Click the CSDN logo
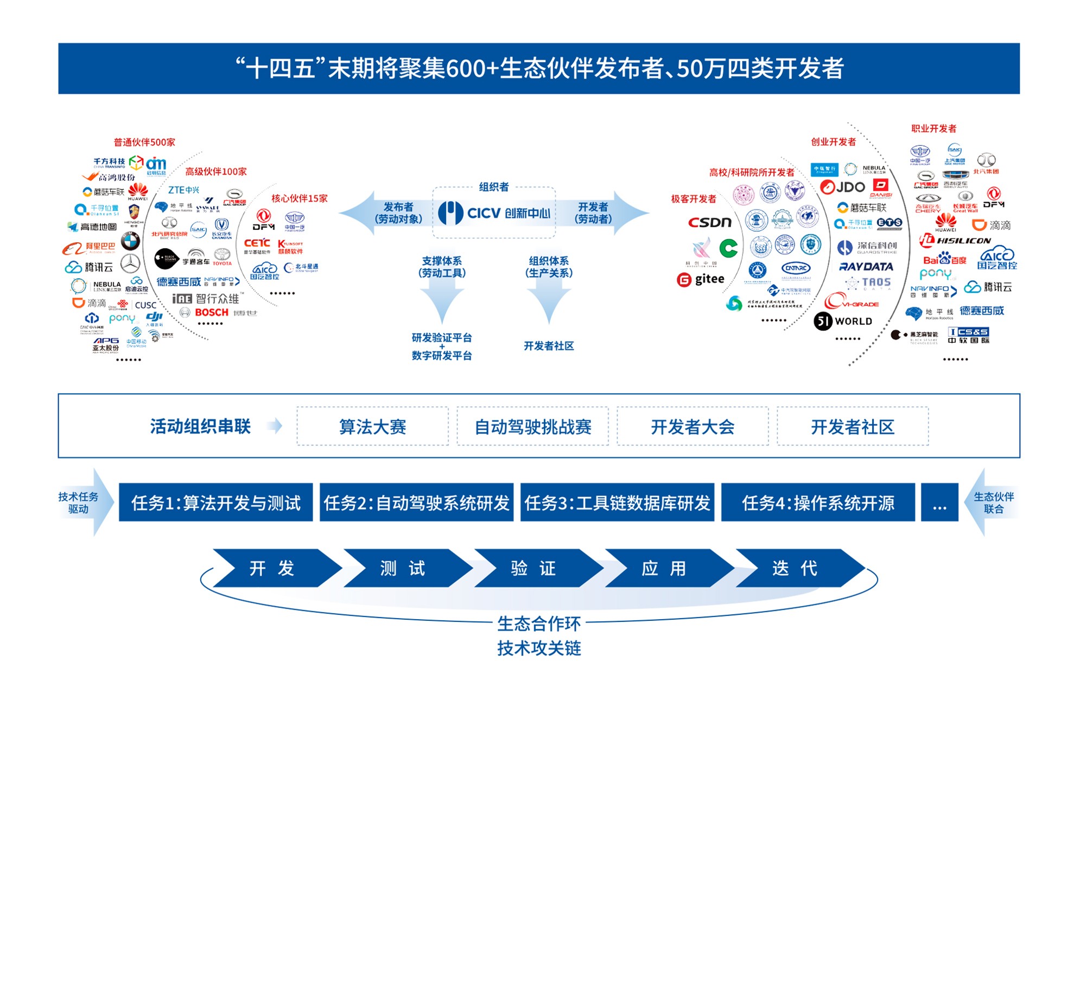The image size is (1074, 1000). pyautogui.click(x=709, y=223)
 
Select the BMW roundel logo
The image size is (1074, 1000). pyautogui.click(x=130, y=241)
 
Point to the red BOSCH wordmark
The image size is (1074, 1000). pyautogui.click(x=212, y=312)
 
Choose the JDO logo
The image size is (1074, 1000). pyautogui.click(x=842, y=187)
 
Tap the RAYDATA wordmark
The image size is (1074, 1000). pyautogui.click(x=866, y=267)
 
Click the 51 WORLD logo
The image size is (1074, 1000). pyautogui.click(x=843, y=321)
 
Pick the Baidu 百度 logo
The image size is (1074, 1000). pyautogui.click(x=944, y=260)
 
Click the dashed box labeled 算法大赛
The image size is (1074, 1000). pyautogui.click(x=372, y=427)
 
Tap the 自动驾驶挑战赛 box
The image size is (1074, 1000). pyautogui.click(x=532, y=427)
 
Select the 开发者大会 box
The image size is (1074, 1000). pyautogui.click(x=692, y=427)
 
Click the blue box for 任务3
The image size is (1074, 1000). pyautogui.click(x=617, y=503)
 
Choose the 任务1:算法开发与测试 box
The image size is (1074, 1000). pyautogui.click(x=215, y=503)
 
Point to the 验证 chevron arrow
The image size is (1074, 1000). pyautogui.click(x=533, y=568)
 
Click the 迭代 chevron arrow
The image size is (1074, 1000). pyautogui.click(x=795, y=568)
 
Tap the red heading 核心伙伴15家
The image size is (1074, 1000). pyautogui.click(x=300, y=198)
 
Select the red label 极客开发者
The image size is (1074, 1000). pyautogui.click(x=693, y=199)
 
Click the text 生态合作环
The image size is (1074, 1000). pyautogui.click(x=539, y=624)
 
